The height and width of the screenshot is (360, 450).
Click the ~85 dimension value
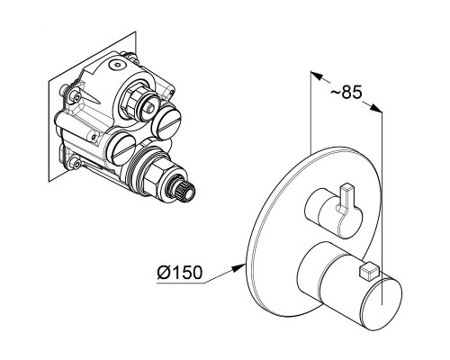(x=346, y=92)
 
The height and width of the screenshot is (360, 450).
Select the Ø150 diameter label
(x=180, y=273)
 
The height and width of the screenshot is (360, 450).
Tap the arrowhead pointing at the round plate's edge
(x=239, y=267)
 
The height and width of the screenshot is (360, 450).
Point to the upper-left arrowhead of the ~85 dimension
(x=317, y=76)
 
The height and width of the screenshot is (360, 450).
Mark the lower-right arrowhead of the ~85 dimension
(x=375, y=108)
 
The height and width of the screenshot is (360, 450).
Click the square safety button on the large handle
(x=367, y=270)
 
